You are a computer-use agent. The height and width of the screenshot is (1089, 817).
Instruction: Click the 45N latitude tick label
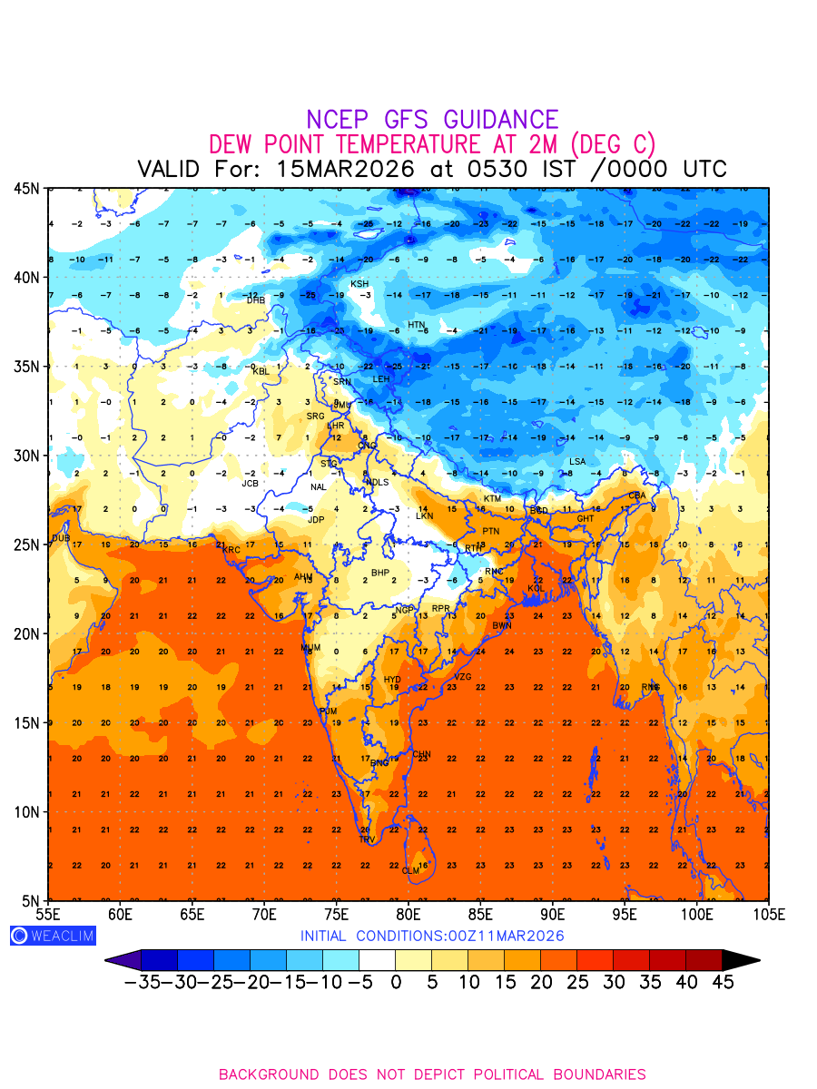(x=26, y=188)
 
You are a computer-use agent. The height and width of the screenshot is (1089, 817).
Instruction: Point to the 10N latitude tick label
(x=26, y=811)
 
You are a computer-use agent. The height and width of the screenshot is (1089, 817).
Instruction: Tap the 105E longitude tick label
(x=768, y=913)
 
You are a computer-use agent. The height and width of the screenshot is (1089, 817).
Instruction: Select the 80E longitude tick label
(x=408, y=913)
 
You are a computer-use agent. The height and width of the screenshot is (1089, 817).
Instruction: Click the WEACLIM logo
(x=53, y=936)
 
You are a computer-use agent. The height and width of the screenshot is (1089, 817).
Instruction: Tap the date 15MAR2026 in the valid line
(x=345, y=169)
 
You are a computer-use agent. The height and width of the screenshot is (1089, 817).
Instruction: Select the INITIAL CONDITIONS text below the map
(x=432, y=936)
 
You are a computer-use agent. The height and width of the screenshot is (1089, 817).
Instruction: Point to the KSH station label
(x=360, y=284)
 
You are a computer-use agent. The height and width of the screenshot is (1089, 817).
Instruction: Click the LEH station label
(x=381, y=379)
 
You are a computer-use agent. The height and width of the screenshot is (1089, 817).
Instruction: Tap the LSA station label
(x=577, y=462)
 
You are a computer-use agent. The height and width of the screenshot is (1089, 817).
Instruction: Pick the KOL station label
(x=536, y=589)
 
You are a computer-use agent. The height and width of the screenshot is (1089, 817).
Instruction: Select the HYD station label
(x=392, y=680)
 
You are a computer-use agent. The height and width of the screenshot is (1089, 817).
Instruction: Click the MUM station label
(x=310, y=648)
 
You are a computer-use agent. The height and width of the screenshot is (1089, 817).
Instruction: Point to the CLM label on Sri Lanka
(x=411, y=871)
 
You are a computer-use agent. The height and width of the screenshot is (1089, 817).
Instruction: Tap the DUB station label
(x=61, y=538)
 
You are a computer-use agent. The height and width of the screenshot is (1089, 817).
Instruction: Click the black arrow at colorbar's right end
(x=741, y=959)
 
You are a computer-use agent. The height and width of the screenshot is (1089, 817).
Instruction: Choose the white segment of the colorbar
(x=377, y=959)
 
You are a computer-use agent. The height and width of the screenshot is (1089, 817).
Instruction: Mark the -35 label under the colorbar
(x=143, y=982)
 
